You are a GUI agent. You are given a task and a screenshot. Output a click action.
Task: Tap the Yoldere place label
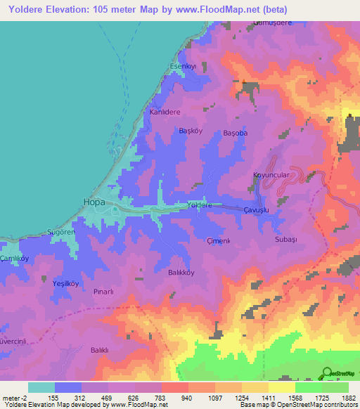tap(200, 204)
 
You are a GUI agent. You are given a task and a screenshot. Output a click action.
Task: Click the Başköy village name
tap(191, 131)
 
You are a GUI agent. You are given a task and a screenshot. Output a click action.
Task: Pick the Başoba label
tap(235, 133)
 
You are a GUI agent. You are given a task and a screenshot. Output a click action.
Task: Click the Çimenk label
tap(219, 241)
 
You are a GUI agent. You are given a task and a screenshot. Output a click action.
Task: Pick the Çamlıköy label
tap(15, 259)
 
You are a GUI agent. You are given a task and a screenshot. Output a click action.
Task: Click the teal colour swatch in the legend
tap(41, 387)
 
